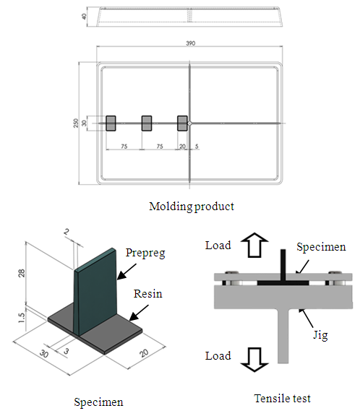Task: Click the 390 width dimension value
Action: tap(191, 43)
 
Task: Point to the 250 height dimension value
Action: tap(76, 123)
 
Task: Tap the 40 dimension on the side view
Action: tap(84, 17)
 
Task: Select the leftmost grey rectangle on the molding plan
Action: tap(111, 123)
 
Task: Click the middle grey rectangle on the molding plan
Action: tap(147, 123)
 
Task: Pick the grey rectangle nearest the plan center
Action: tap(182, 123)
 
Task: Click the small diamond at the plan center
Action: tap(189, 123)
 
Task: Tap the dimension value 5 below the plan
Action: tap(197, 146)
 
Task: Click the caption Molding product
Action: tap(192, 207)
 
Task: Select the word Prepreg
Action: tap(145, 253)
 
